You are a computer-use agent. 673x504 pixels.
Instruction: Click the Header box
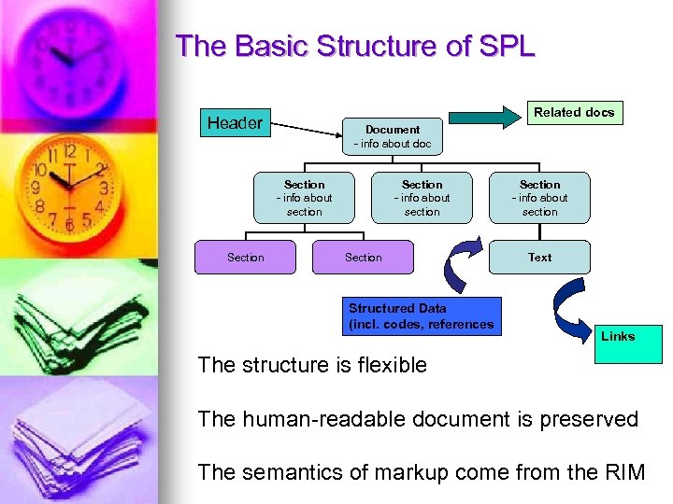click(x=235, y=123)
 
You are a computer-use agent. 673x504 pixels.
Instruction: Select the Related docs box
click(x=573, y=113)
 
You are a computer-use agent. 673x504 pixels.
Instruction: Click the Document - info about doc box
click(x=392, y=136)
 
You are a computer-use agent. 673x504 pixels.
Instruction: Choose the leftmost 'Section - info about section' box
click(x=304, y=198)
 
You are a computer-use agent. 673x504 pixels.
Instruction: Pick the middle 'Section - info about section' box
click(x=422, y=198)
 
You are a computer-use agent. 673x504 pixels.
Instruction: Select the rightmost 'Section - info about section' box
click(x=539, y=198)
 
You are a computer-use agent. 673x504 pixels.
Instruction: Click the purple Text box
click(x=539, y=257)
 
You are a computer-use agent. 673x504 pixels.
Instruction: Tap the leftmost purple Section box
click(x=245, y=257)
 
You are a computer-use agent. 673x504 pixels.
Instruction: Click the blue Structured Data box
click(x=421, y=316)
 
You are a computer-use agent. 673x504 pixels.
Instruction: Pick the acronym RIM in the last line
click(x=624, y=472)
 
